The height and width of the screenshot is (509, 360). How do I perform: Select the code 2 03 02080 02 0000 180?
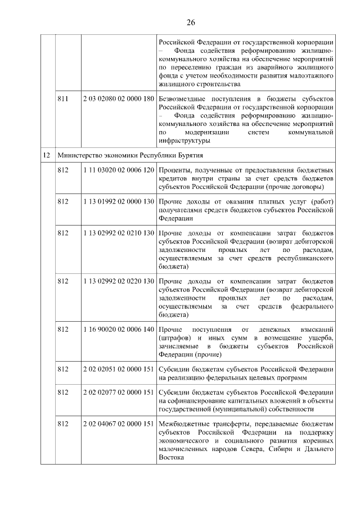(118, 98)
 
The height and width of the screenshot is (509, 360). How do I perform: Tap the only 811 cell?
(63, 98)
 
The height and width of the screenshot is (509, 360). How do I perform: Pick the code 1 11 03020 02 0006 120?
(118, 169)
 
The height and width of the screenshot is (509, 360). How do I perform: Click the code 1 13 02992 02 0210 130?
(118, 232)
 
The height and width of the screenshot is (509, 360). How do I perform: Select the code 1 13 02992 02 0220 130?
(118, 280)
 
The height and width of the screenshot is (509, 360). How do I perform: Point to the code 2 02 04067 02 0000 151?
(118, 424)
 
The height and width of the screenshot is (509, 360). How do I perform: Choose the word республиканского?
(302, 258)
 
